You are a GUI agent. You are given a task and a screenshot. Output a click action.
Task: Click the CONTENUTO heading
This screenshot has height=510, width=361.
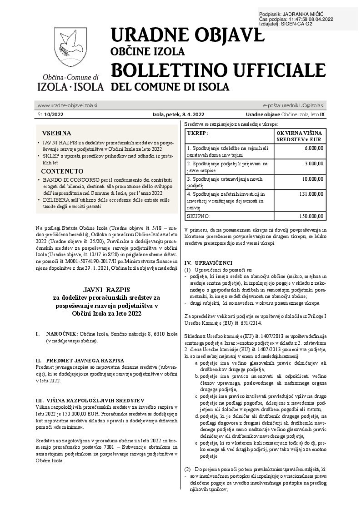[62, 171]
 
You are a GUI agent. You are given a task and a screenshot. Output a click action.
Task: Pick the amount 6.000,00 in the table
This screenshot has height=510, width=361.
[314, 148]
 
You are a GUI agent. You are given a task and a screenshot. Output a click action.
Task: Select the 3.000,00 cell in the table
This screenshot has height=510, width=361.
[314, 163]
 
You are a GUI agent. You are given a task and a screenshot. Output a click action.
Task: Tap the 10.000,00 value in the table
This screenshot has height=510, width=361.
[313, 179]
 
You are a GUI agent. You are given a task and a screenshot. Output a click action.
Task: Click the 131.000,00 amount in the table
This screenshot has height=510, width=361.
[311, 193]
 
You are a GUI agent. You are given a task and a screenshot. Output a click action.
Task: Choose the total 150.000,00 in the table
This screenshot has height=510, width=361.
[311, 216]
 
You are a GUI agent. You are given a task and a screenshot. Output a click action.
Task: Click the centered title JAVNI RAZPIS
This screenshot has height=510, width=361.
[106, 289]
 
